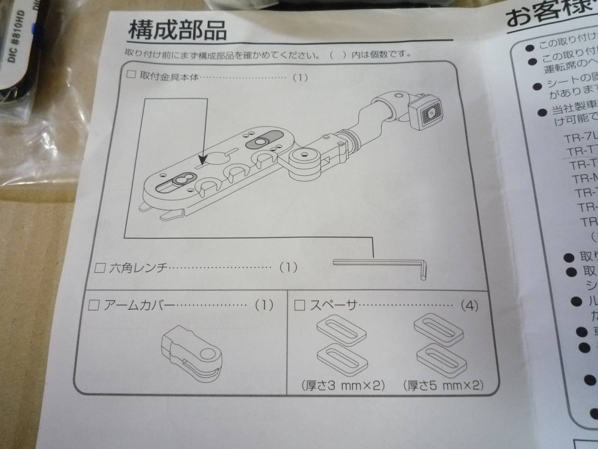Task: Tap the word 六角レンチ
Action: click(x=138, y=267)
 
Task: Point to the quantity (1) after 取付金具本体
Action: click(x=300, y=77)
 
